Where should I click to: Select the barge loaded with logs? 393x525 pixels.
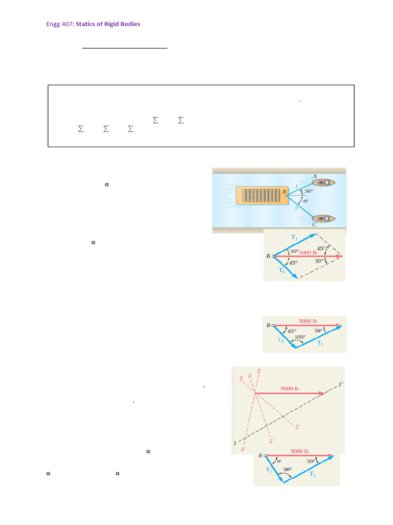point(259,195)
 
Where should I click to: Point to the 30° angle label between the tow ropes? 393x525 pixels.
point(309,191)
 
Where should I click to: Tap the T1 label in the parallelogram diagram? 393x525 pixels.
point(294,237)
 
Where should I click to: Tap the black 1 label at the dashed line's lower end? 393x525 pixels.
point(235,442)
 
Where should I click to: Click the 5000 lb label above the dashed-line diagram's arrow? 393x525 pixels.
point(290,389)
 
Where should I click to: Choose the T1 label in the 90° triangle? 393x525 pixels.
point(312,474)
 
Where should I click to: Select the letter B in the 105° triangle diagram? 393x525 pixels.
point(268,325)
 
